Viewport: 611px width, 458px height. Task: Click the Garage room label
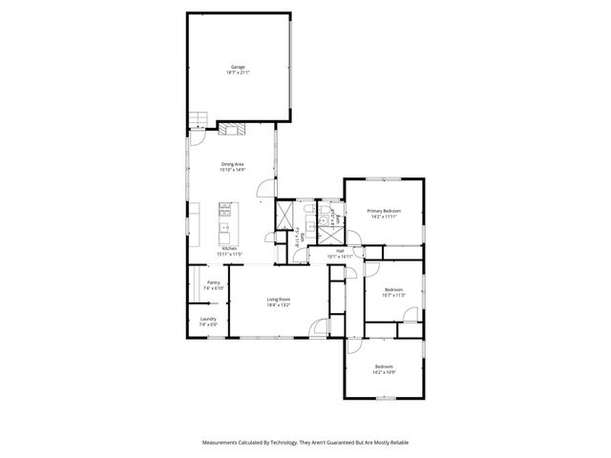coord(237,67)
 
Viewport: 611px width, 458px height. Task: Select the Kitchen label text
coord(229,248)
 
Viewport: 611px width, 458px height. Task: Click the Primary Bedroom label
coord(383,210)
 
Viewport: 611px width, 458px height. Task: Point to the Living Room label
coord(278,300)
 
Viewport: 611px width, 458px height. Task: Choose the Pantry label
coord(213,282)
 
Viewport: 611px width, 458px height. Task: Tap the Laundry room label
coord(208,319)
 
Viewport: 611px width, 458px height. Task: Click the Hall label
coord(340,250)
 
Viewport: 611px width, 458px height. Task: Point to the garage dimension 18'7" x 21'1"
coord(237,73)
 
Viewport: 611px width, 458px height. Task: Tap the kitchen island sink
coord(225,228)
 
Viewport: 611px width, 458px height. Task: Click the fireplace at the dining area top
coord(233,128)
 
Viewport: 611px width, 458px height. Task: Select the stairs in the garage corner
coord(198,119)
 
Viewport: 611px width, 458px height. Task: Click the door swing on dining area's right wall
coord(271,186)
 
